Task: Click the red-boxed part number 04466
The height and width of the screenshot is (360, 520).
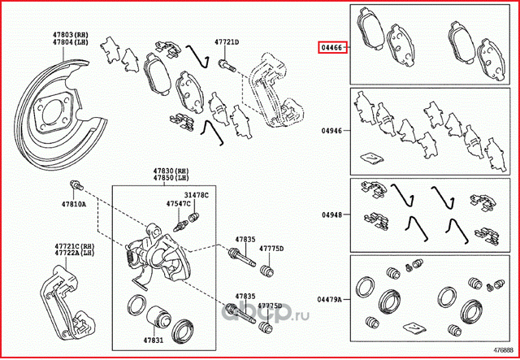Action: (x=331, y=48)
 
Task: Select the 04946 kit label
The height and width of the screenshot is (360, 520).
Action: (x=331, y=129)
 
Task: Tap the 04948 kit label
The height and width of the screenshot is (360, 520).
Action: (x=331, y=215)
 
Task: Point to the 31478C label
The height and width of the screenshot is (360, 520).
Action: (x=196, y=196)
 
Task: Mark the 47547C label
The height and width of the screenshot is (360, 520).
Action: (x=179, y=204)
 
